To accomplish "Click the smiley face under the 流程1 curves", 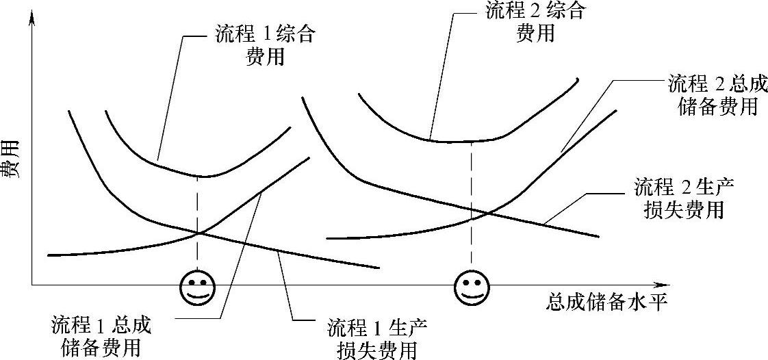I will click(197, 287).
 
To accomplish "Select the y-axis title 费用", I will click(12, 159).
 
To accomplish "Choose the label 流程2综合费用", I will click(535, 22).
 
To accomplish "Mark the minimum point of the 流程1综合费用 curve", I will click(199, 177).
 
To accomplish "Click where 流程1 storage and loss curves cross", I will click(199, 233).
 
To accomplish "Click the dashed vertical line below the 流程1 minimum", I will click(198, 205).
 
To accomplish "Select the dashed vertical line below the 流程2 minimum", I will click(471, 178).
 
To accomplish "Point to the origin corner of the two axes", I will click(31, 284).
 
